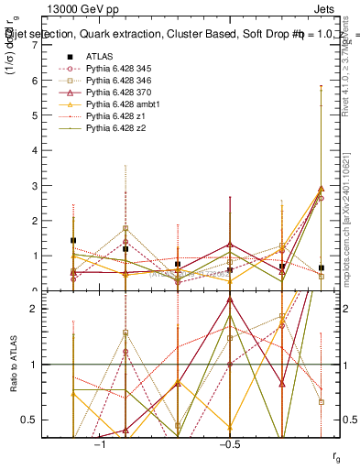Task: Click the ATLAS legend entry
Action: pyautogui.click(x=99, y=56)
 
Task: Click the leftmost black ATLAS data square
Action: pyautogui.click(x=73, y=240)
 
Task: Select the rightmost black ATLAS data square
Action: pyautogui.click(x=321, y=267)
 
